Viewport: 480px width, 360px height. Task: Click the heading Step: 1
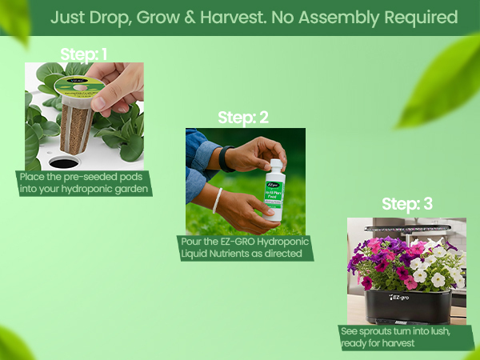click(x=84, y=54)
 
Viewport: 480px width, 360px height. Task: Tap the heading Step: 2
click(x=243, y=118)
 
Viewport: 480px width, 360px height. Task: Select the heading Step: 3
click(x=407, y=204)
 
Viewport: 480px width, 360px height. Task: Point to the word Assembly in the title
click(x=342, y=17)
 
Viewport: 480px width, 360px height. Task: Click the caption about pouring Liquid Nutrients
click(x=244, y=248)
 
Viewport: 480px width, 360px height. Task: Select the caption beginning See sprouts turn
click(x=405, y=337)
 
